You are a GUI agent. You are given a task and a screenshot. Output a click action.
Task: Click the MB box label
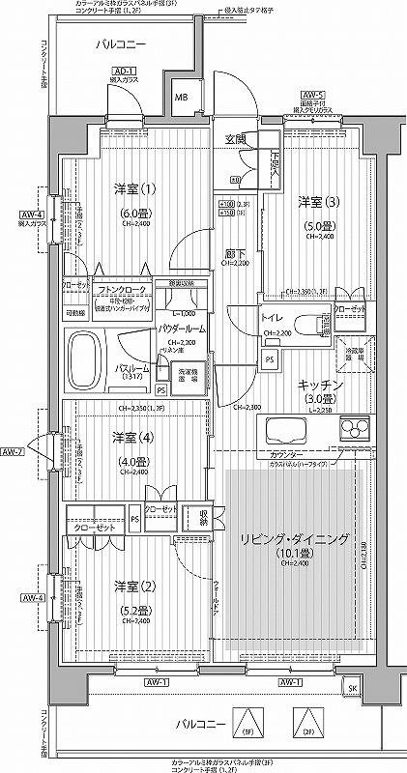click(x=181, y=97)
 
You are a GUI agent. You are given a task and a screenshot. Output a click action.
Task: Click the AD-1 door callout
click(x=122, y=72)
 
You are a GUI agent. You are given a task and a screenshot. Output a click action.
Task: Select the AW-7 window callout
click(x=13, y=451)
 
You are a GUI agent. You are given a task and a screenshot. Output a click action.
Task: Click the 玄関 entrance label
click(x=235, y=139)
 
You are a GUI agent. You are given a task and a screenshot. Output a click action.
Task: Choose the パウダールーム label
click(x=183, y=329)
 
